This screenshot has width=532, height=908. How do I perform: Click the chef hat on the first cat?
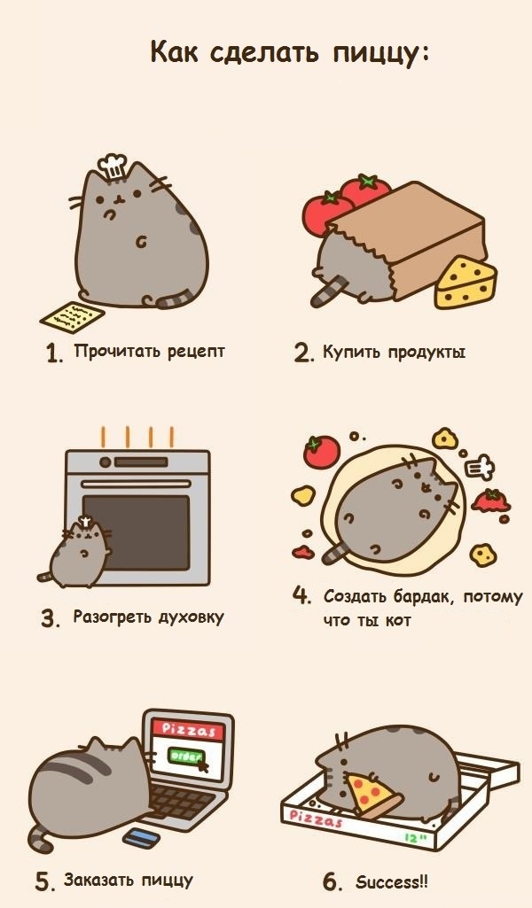[x=113, y=166]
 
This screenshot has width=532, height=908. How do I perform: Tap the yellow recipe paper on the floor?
[x=73, y=316]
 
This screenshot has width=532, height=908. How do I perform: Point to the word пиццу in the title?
[x=380, y=53]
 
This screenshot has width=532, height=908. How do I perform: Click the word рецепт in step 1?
[x=196, y=352]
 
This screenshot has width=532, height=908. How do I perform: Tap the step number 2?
[x=303, y=353]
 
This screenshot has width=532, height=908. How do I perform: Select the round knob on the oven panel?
[x=105, y=462]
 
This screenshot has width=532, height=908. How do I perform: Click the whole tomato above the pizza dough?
[x=322, y=452]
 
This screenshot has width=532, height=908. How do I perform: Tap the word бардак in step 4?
[x=422, y=596]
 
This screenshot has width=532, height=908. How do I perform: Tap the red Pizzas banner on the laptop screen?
[x=188, y=730]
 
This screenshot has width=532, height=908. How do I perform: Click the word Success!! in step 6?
[x=392, y=882]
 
